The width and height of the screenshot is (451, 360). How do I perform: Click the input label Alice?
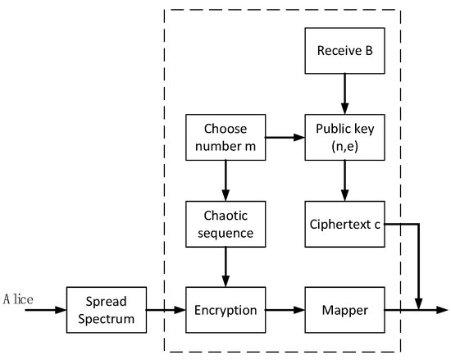tap(17, 300)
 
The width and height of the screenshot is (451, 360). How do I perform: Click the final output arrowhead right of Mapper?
tap(444, 311)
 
